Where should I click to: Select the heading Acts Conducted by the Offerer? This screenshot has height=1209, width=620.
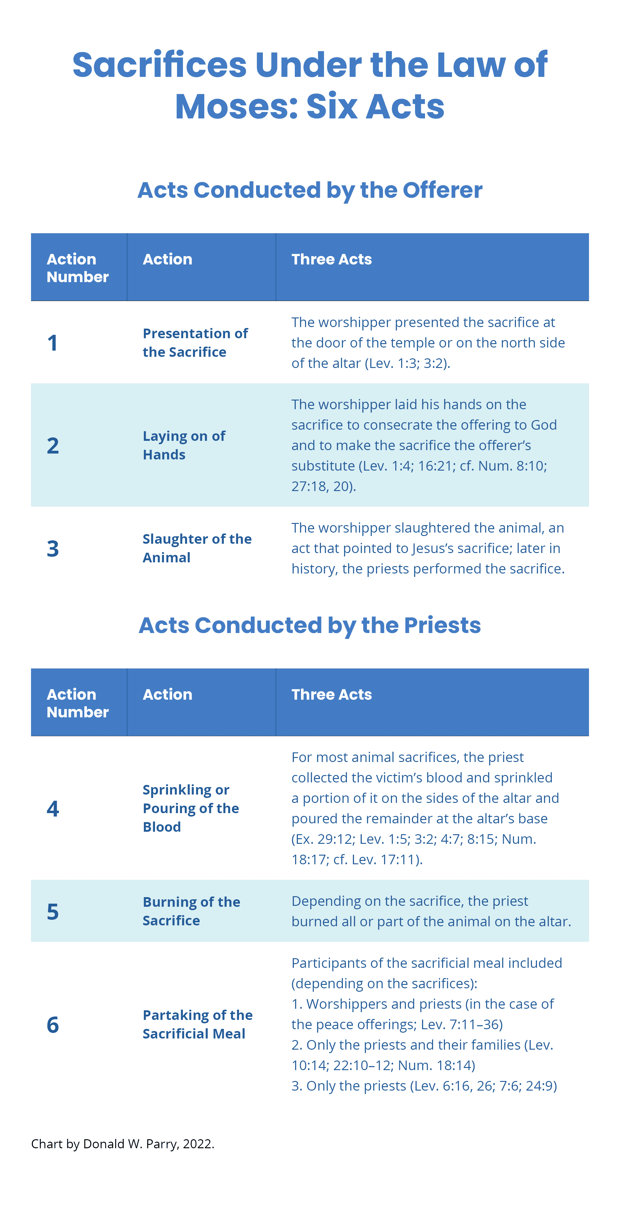tap(310, 190)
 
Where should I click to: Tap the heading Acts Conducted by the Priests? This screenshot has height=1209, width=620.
tap(310, 625)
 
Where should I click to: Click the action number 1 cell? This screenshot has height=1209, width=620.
tap(53, 343)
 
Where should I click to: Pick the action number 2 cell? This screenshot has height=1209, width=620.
tap(53, 445)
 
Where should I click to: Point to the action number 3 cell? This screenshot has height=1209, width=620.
tap(53, 548)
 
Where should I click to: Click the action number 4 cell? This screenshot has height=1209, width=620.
tap(53, 808)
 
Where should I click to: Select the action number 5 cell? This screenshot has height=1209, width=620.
tap(53, 911)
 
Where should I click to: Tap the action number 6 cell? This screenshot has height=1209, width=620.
tap(53, 1024)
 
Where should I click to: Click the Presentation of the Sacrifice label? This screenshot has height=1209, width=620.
tap(195, 343)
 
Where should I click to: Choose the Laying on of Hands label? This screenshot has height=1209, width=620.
tap(184, 445)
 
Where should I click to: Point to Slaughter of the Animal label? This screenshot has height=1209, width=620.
tap(197, 548)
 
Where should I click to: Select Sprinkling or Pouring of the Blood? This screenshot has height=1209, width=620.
tap(191, 808)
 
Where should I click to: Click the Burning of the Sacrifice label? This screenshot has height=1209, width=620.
tap(191, 911)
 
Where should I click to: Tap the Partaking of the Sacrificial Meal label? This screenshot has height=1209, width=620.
tap(197, 1024)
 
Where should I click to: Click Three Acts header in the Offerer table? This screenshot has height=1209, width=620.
tap(331, 259)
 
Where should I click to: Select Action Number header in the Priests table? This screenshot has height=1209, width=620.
tap(77, 703)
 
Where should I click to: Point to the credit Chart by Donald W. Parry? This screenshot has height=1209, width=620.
tap(122, 1144)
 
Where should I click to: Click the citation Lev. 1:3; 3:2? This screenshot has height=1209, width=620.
tap(407, 363)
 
